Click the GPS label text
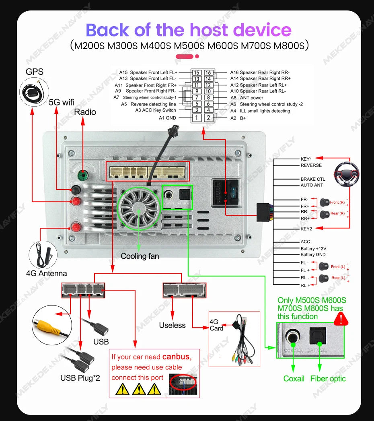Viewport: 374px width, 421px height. click(34, 72)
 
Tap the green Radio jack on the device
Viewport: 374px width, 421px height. click(82, 175)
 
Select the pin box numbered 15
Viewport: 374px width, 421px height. click(196, 72)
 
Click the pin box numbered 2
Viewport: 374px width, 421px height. click(208, 118)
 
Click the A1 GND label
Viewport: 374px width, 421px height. click(167, 118)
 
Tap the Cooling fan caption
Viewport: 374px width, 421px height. click(140, 256)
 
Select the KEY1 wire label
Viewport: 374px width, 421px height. click(306, 159)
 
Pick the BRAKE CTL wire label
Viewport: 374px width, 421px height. click(312, 179)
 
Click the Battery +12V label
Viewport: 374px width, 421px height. click(313, 248)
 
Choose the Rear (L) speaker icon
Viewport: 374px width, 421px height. click(324, 278)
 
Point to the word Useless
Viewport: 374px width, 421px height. click(172, 325)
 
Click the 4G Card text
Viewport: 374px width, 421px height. click(216, 325)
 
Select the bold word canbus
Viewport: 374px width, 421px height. click(175, 357)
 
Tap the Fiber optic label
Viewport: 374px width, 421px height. click(328, 378)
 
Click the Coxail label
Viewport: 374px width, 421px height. click(294, 378)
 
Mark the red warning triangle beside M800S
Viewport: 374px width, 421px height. click(341, 319)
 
